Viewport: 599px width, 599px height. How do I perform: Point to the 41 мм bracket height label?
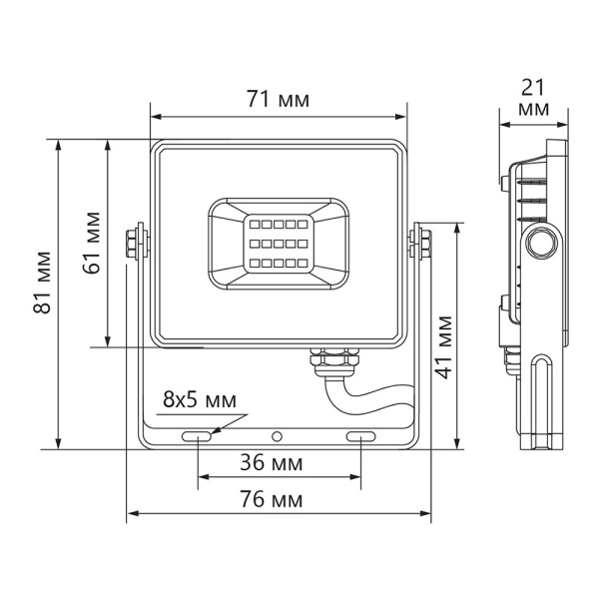(x=443, y=345)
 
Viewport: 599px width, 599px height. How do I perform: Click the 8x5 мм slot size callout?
(x=201, y=400)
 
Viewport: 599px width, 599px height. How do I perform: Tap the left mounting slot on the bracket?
(x=197, y=437)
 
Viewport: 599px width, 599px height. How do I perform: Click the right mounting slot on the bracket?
(x=359, y=437)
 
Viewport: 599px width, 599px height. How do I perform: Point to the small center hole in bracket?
(x=278, y=437)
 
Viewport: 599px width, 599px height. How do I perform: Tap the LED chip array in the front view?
(x=277, y=242)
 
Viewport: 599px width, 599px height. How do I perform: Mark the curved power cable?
(x=374, y=399)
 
